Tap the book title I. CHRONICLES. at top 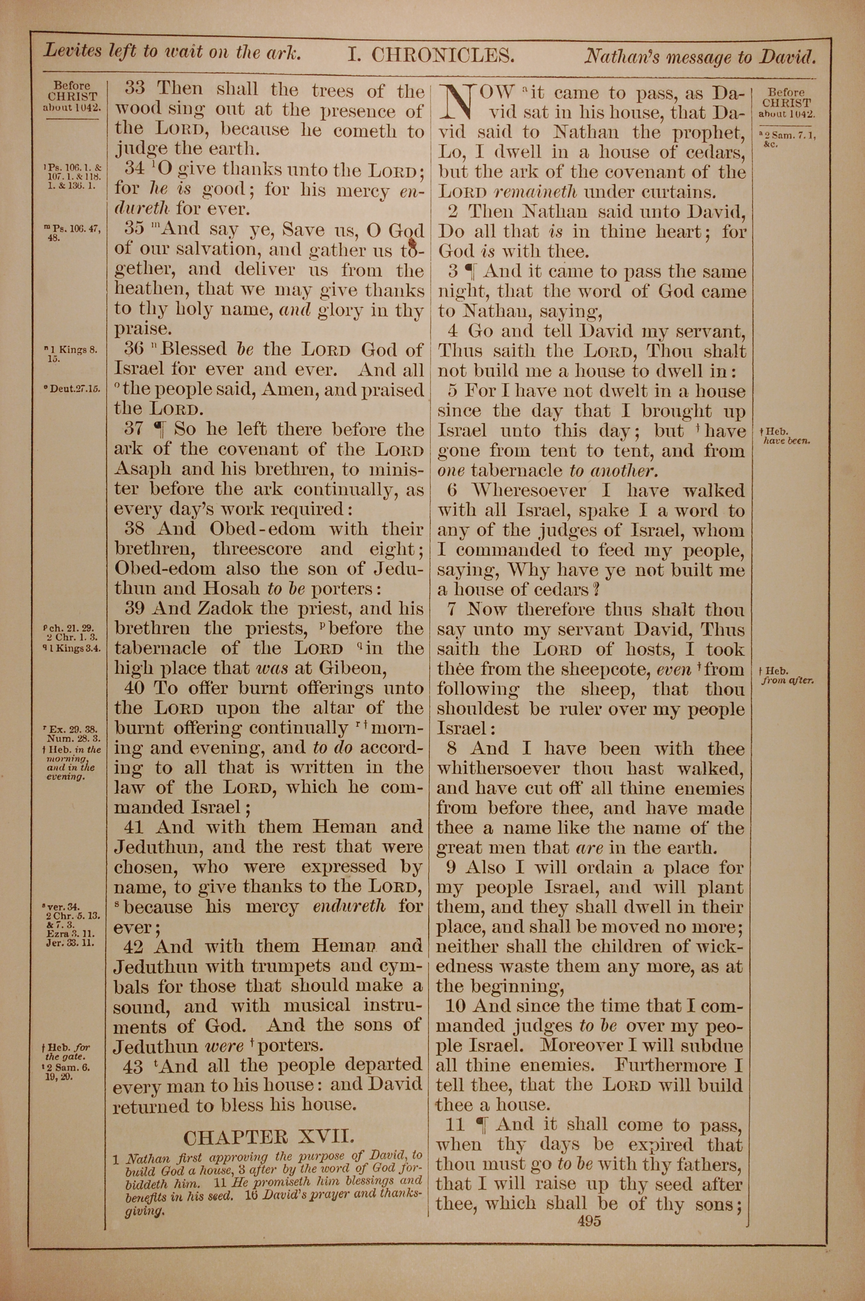[431, 55]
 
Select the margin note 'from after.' [788, 680]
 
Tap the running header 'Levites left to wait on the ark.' [172, 52]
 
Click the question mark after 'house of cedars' [595, 590]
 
